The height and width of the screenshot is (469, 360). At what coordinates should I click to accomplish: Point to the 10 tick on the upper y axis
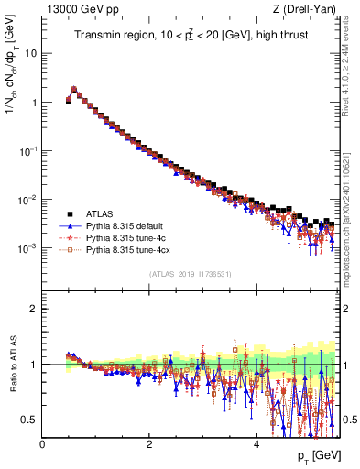(x=31, y=53)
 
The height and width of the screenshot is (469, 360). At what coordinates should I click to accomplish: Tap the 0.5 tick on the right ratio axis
(x=348, y=420)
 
